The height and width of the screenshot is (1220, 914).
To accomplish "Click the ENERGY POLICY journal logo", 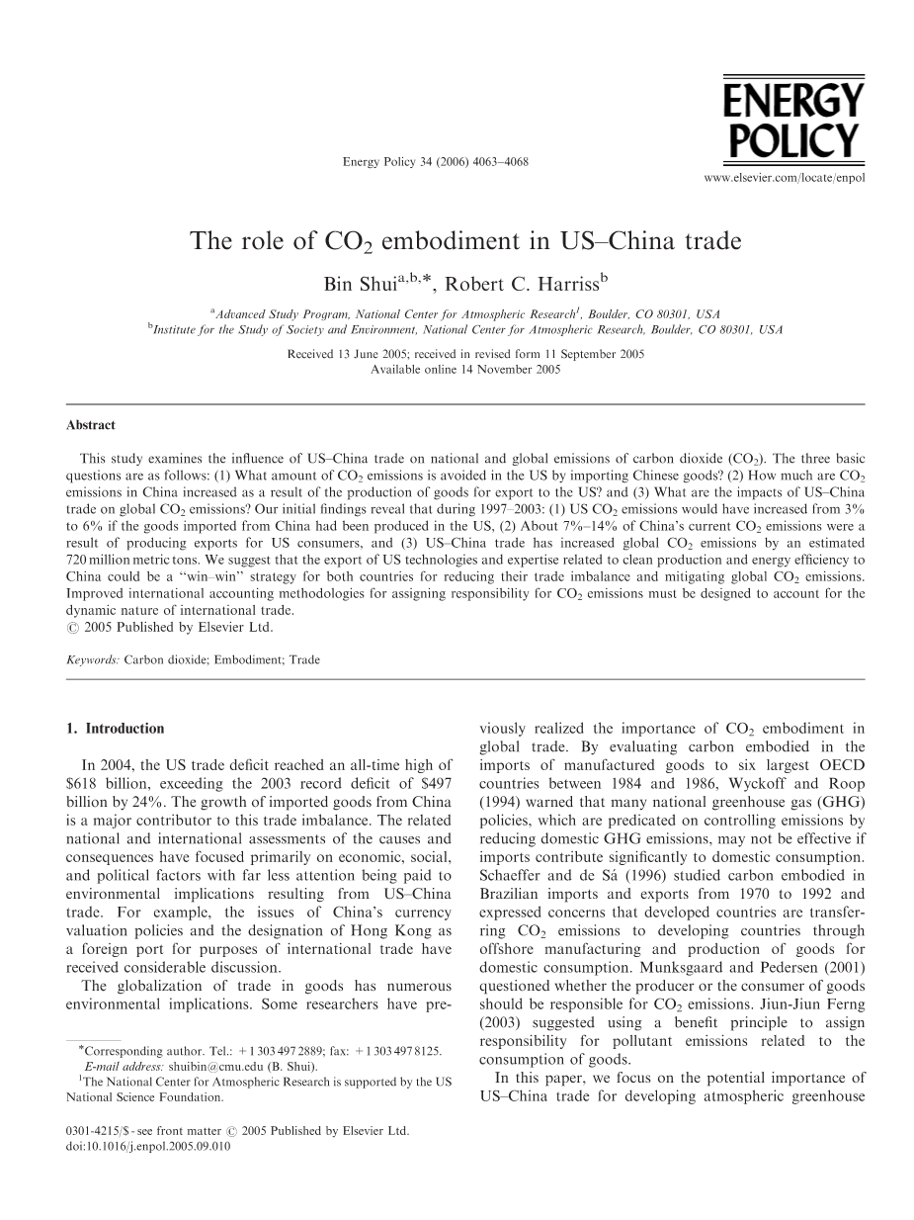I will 793,121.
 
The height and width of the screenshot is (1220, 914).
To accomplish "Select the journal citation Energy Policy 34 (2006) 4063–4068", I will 421,161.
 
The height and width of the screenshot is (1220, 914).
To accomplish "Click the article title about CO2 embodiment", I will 465,242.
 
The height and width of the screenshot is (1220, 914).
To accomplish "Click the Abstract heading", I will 91,425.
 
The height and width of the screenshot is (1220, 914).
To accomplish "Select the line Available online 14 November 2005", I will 465,369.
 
